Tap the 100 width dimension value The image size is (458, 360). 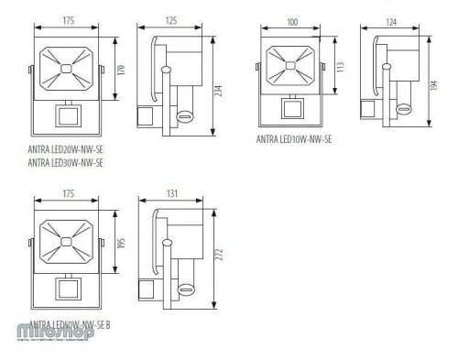(x=292, y=20)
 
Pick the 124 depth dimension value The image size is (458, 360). (x=393, y=20)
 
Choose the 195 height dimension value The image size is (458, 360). (x=123, y=245)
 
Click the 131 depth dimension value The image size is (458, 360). (x=172, y=195)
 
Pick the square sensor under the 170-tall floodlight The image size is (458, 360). (x=67, y=116)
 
